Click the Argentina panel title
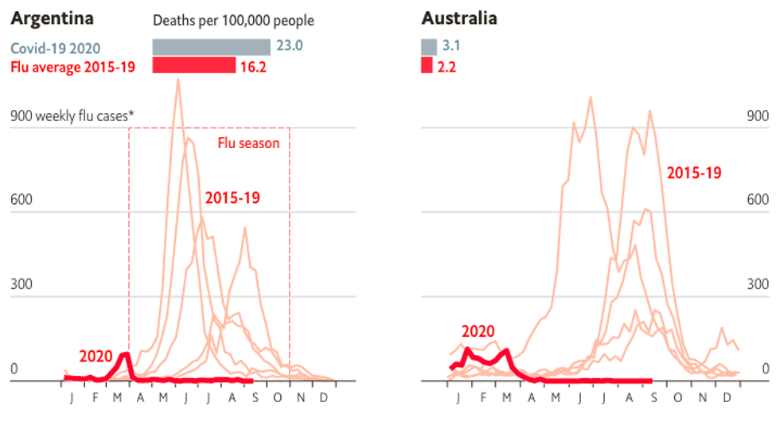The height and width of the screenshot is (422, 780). pyautogui.click(x=52, y=18)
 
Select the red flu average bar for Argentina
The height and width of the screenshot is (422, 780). pyautogui.click(x=193, y=65)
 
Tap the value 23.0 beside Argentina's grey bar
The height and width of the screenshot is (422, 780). pyautogui.click(x=290, y=46)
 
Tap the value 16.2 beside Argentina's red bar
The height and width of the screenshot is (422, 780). pyautogui.click(x=253, y=66)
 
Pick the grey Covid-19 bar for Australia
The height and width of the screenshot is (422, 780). pyautogui.click(x=428, y=46)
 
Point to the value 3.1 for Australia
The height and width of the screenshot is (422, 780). pyautogui.click(x=451, y=46)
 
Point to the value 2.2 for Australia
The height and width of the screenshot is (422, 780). pyautogui.click(x=447, y=66)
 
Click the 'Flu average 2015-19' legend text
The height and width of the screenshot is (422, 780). pyautogui.click(x=72, y=66)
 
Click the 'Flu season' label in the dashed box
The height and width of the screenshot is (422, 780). pyautogui.click(x=249, y=144)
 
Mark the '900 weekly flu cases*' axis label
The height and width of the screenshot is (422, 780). pyautogui.click(x=72, y=116)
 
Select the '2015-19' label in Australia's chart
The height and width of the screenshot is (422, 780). pyautogui.click(x=694, y=172)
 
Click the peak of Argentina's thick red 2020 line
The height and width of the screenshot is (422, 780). pyautogui.click(x=124, y=354)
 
